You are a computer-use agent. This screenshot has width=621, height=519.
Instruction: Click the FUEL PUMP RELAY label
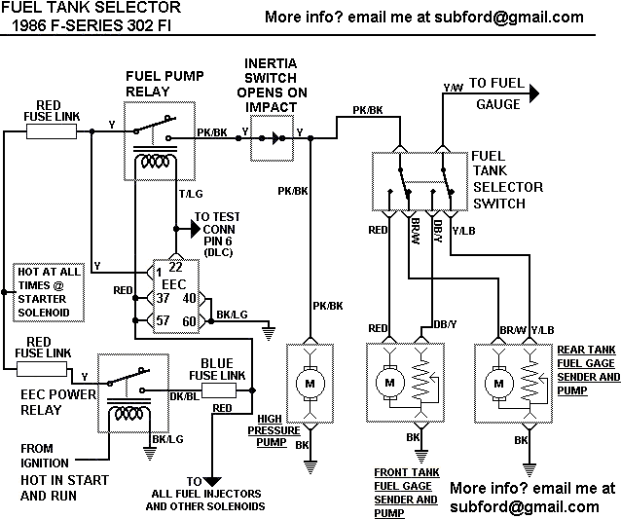(162, 85)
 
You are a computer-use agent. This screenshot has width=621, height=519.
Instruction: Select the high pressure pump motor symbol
(310, 384)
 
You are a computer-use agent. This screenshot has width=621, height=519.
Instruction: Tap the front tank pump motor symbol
(388, 384)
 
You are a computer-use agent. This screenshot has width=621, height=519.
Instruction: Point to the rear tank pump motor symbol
(498, 384)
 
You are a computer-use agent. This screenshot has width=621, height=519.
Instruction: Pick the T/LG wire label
(192, 194)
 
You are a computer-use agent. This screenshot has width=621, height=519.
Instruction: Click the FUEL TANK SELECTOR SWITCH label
(506, 179)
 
